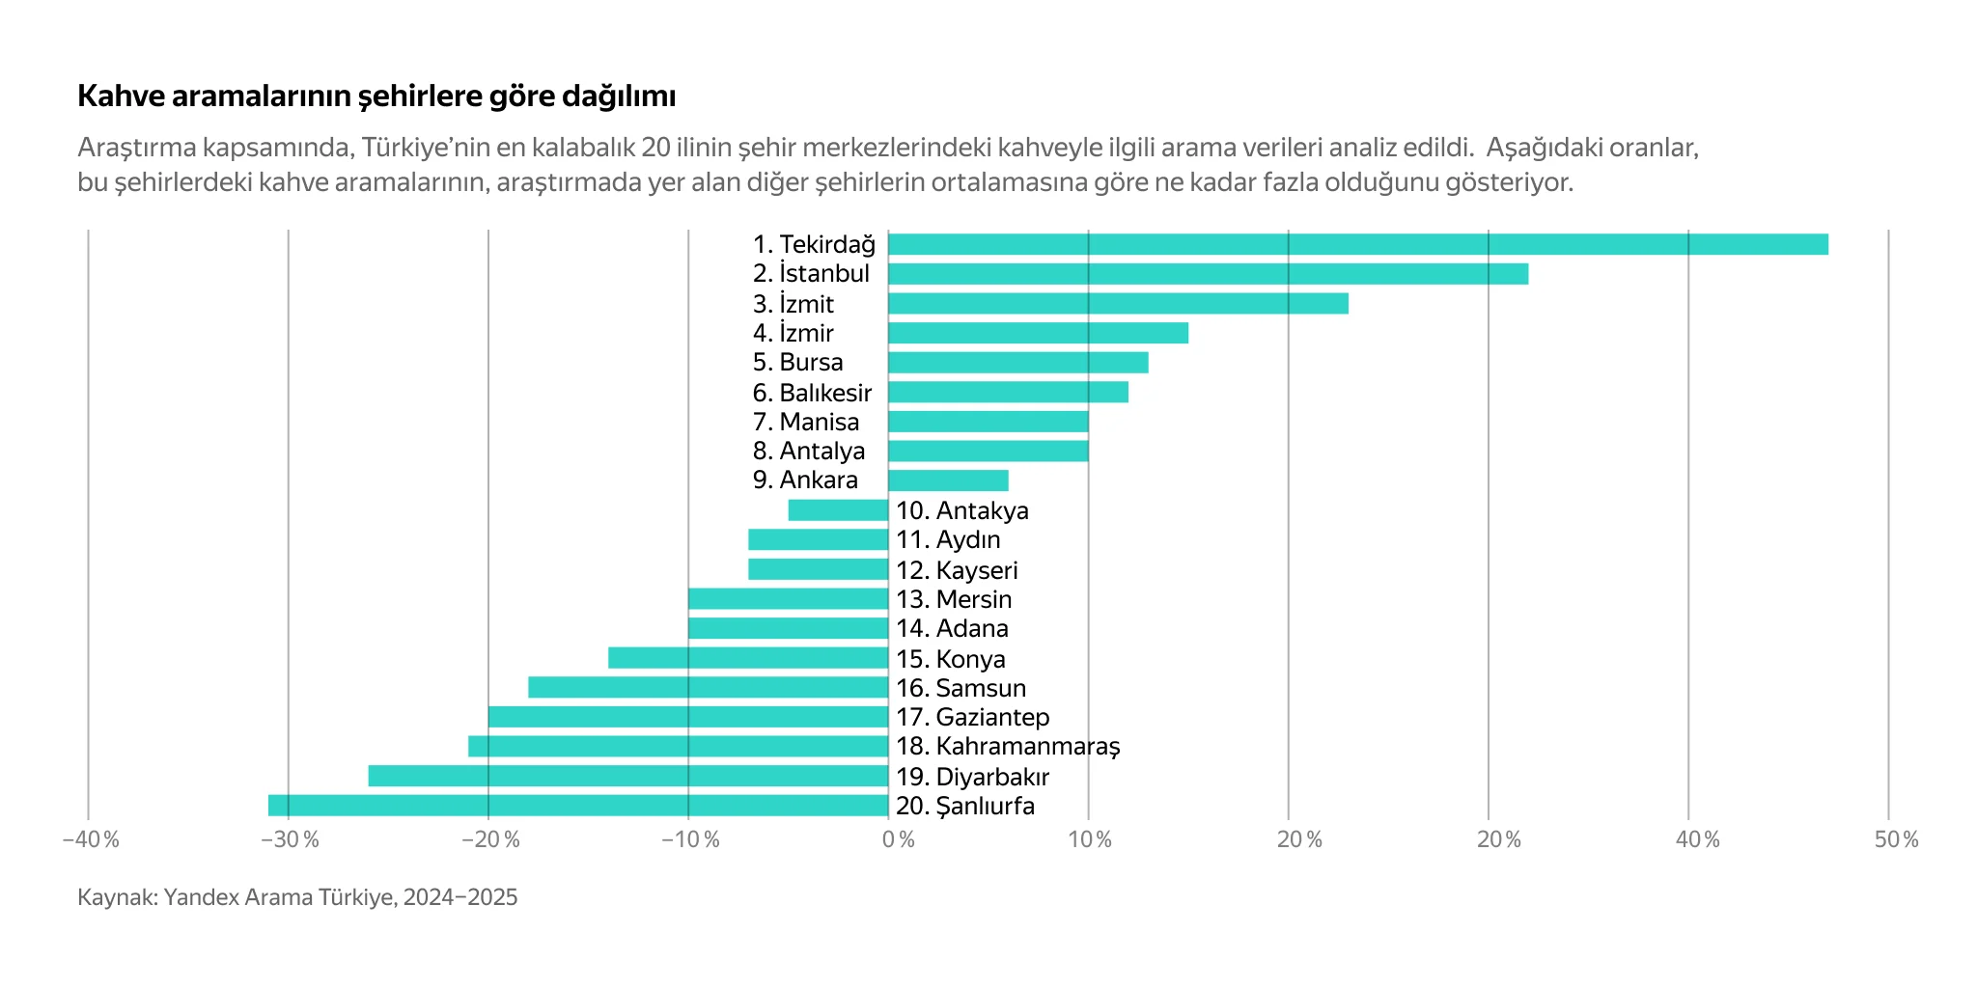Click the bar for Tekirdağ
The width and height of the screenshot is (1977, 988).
point(1357,244)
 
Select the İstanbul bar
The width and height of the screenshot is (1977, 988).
point(1208,274)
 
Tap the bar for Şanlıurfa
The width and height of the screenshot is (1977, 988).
point(577,806)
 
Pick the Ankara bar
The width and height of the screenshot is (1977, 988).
point(948,480)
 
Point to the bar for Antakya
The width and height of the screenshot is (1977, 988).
point(838,510)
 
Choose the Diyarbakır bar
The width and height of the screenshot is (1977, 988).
point(627,776)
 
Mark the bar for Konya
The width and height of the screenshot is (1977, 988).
point(748,658)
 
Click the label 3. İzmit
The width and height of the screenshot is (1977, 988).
point(793,304)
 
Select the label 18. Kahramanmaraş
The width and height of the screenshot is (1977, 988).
point(1008,746)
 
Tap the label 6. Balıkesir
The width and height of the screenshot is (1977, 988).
point(812,393)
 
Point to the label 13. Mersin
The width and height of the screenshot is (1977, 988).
point(954,599)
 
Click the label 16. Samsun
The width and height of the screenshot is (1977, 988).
point(961,688)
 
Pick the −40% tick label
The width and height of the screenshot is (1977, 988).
point(91,839)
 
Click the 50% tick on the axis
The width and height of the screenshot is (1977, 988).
point(1896,839)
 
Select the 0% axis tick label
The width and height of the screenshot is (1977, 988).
point(899,839)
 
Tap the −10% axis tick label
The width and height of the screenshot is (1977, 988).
point(691,839)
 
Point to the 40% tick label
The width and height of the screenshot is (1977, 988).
point(1697,839)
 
